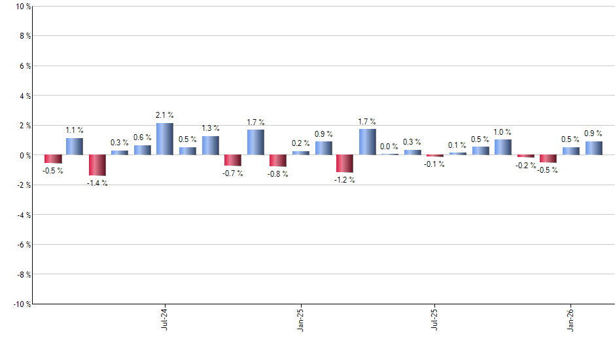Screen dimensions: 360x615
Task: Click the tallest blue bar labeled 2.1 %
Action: (165, 139)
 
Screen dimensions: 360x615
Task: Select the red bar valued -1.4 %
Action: (97, 165)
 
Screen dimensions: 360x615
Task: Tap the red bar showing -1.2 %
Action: (345, 164)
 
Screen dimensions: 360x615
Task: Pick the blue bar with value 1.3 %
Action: (211, 145)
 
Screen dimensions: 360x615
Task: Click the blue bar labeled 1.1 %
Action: (75, 147)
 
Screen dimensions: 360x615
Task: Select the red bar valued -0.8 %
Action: (278, 160)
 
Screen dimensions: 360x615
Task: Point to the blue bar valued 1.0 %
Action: (502, 147)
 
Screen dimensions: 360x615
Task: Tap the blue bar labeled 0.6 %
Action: (143, 150)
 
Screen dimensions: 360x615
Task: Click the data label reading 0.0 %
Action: (389, 147)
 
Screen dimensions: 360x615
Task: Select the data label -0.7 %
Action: (232, 173)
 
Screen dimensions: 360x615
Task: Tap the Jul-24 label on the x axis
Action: (164, 318)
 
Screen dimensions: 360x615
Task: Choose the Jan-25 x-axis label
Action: (300, 318)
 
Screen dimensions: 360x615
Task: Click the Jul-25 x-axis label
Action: (435, 318)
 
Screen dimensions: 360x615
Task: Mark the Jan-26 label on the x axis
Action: (571, 318)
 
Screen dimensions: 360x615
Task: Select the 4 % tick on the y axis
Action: (24, 96)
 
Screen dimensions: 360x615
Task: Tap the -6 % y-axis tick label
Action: (22, 244)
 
